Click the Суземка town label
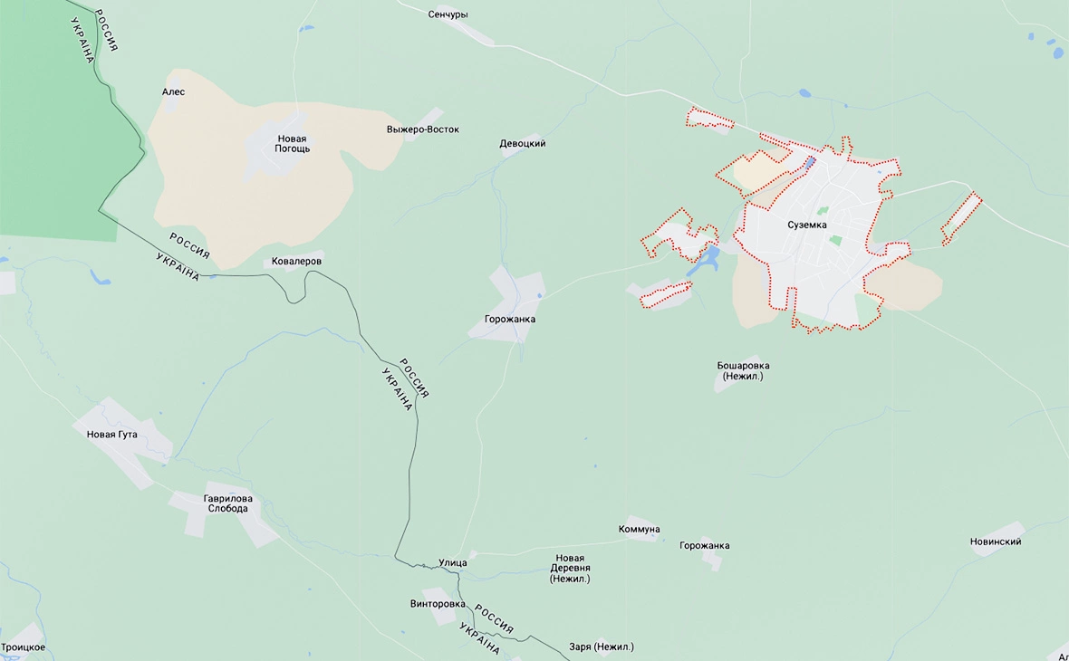[806, 225]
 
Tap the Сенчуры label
[448, 14]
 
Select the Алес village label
[173, 91]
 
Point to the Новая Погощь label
[292, 143]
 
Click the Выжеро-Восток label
[422, 129]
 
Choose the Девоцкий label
[523, 144]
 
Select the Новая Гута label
[112, 435]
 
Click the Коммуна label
[639, 529]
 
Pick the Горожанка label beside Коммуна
[704, 545]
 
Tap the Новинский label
[996, 541]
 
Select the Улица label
[452, 562]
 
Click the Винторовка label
[438, 604]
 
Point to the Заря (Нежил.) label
[601, 647]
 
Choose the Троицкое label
[24, 647]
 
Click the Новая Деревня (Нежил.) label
[570, 568]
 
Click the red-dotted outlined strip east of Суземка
[960, 218]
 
